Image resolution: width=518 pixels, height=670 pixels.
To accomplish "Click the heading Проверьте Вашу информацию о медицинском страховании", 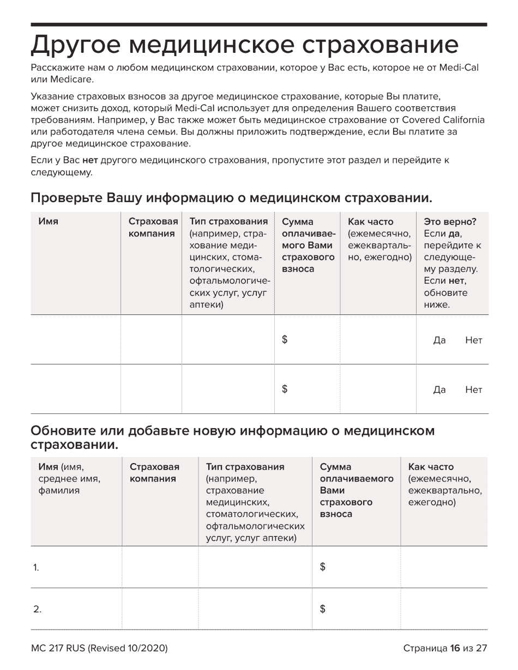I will (x=232, y=197).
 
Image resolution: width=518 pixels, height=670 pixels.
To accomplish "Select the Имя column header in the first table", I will (x=49, y=222).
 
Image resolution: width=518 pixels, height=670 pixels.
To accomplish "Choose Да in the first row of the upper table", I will (x=439, y=340).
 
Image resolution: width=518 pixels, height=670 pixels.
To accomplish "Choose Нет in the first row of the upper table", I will (x=473, y=340).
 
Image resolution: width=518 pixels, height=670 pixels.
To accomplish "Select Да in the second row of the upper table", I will (x=439, y=390).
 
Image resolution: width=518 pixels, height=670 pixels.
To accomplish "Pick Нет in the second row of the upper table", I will (x=473, y=390).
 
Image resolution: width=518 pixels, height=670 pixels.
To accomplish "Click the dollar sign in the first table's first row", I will (x=285, y=340).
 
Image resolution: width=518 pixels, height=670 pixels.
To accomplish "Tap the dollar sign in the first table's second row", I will (x=285, y=389).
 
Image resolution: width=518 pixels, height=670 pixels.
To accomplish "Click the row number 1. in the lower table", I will (x=36, y=568).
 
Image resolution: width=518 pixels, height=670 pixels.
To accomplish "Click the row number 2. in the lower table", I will (x=37, y=610).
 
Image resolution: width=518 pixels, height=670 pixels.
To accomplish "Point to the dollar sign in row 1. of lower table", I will (x=323, y=567).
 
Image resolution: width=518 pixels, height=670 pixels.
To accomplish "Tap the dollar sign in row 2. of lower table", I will (x=323, y=609).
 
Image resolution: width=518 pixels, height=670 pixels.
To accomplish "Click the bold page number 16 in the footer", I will (x=455, y=648).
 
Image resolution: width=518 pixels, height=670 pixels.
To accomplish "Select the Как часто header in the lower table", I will (x=431, y=467).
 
